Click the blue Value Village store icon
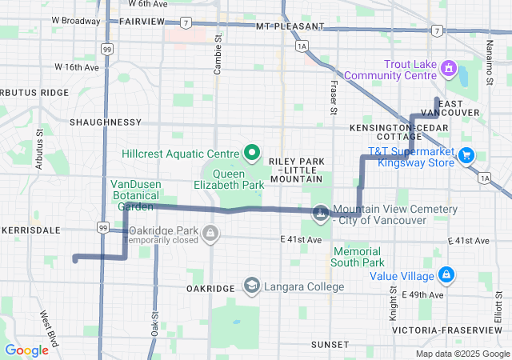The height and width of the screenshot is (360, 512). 446,276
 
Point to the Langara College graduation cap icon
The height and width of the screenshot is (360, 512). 251,286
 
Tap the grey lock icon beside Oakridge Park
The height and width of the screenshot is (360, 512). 210,234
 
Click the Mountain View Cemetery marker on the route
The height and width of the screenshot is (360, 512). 321,213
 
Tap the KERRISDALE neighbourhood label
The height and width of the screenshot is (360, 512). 31,230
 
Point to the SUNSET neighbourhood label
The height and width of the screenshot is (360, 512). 330,344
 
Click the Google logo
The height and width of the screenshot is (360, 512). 26,350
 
